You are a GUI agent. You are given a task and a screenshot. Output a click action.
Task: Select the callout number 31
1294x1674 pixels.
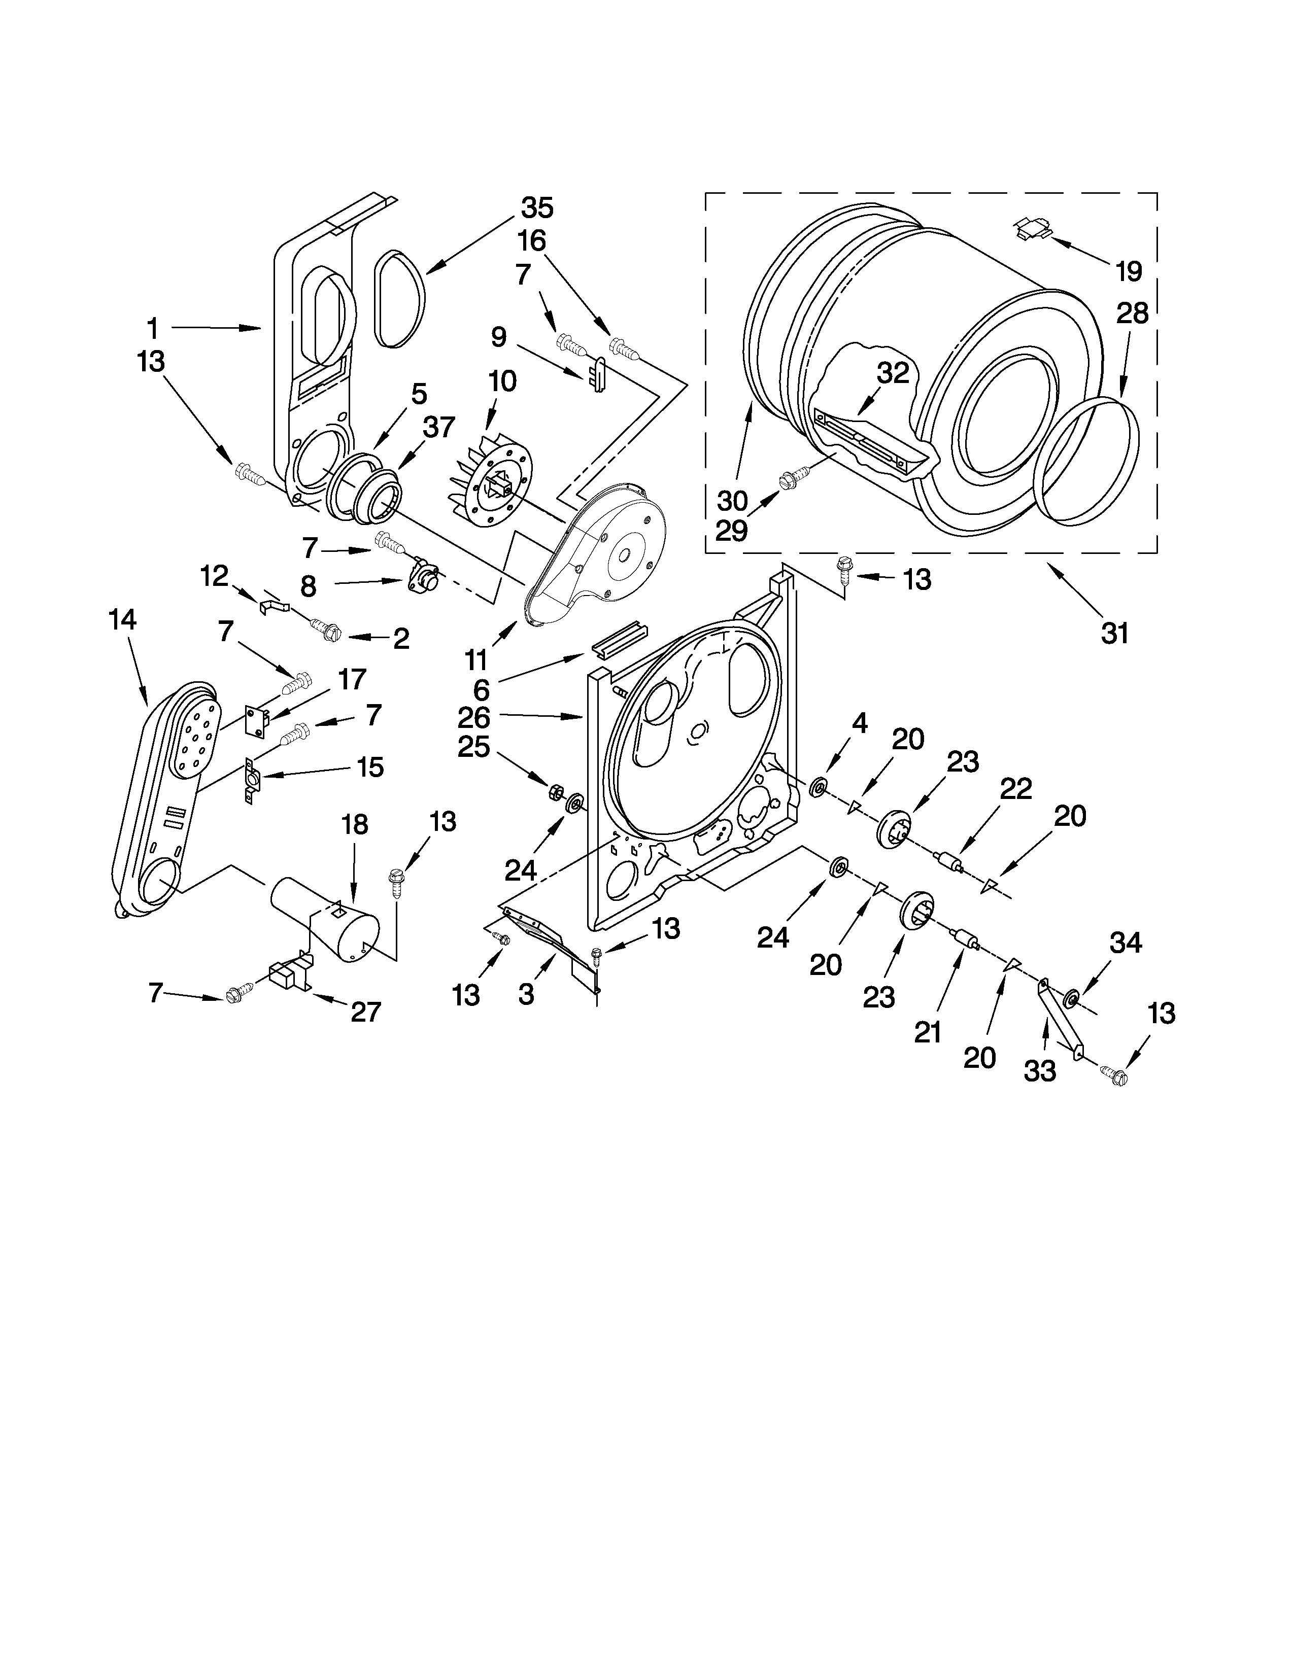coord(1115,633)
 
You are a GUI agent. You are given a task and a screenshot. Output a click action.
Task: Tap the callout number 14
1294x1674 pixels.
coord(123,618)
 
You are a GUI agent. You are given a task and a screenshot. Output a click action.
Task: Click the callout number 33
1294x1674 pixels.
coord(1039,1071)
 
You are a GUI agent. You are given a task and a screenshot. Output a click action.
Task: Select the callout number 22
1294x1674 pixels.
coord(1016,789)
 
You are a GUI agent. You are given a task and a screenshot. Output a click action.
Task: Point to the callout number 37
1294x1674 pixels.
coord(438,427)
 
